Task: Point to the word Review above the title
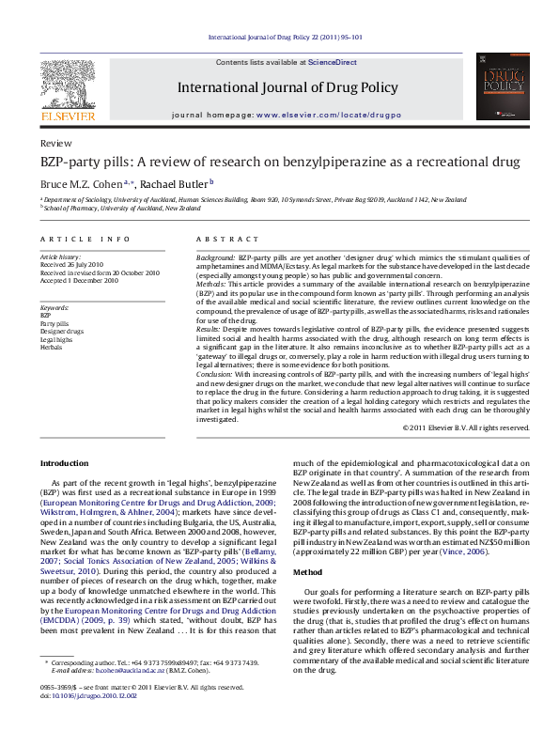(x=54, y=143)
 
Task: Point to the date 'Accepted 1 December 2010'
(x=79, y=280)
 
